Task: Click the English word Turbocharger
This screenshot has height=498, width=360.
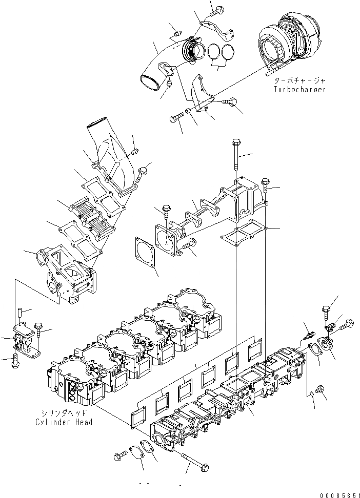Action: pos(300,89)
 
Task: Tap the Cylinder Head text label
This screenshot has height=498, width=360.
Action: pos(64,422)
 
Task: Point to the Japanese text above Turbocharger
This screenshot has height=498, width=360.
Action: pos(300,81)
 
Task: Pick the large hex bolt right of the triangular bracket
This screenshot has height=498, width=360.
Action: pos(231,103)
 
